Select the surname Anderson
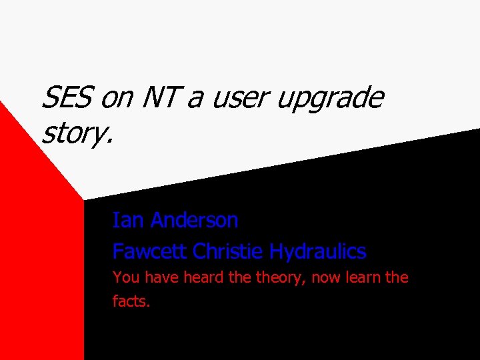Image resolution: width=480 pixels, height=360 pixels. pyautogui.click(x=195, y=220)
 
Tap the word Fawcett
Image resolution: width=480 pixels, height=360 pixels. pyautogui.click(x=150, y=251)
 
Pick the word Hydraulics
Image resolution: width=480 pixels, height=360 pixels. pyautogui.click(x=318, y=252)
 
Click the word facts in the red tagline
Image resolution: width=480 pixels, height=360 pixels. pyautogui.click(x=131, y=301)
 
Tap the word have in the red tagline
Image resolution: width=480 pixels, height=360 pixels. pyautogui.click(x=160, y=277)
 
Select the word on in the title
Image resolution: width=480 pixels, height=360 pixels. pyautogui.click(x=117, y=99)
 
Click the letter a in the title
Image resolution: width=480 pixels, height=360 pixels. pyautogui.click(x=195, y=99)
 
